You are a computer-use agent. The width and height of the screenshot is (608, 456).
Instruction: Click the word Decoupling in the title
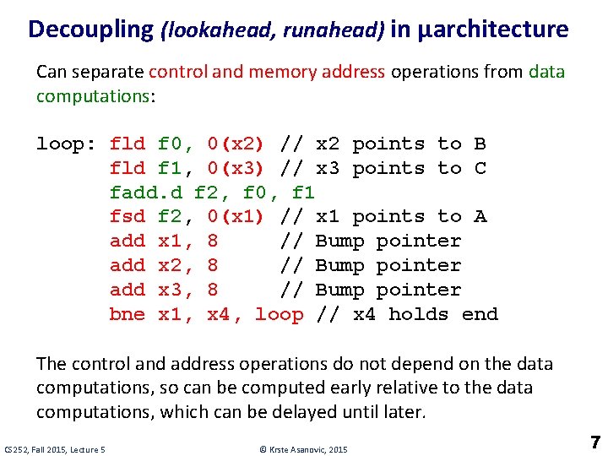(x=90, y=30)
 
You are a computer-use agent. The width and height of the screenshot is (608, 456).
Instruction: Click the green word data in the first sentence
(x=546, y=72)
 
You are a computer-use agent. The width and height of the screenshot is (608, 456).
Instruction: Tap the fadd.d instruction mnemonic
(x=146, y=193)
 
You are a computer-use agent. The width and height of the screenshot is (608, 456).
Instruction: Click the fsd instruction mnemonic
(x=128, y=217)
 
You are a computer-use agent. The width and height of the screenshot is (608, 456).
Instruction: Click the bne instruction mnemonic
(x=128, y=315)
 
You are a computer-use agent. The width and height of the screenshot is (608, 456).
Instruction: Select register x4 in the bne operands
(x=224, y=315)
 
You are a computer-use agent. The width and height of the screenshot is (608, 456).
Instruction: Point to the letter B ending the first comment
(x=480, y=144)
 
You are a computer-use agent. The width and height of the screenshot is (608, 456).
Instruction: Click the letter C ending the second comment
(x=480, y=169)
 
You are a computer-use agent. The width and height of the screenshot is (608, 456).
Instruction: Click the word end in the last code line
(x=480, y=315)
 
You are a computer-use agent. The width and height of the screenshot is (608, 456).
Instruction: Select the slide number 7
(x=594, y=442)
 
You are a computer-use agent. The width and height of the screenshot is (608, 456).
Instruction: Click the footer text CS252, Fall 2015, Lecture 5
(x=55, y=448)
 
